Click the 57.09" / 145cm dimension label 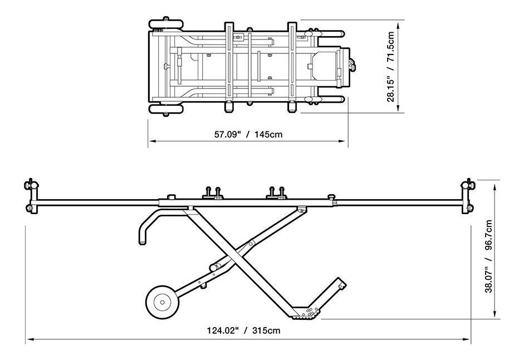click(x=248, y=135)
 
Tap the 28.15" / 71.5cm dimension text click(x=391, y=66)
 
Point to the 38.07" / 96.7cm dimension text click(x=488, y=256)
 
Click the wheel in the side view click(x=163, y=302)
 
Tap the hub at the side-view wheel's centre click(x=163, y=302)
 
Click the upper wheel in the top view click(x=166, y=24)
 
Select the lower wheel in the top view click(x=166, y=109)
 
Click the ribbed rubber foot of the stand click(x=306, y=317)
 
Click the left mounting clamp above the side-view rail click(x=213, y=194)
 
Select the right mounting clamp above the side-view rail click(x=277, y=194)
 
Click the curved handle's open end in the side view click(x=143, y=243)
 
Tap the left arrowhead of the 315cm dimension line click(x=30, y=340)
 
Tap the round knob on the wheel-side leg click(x=213, y=267)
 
